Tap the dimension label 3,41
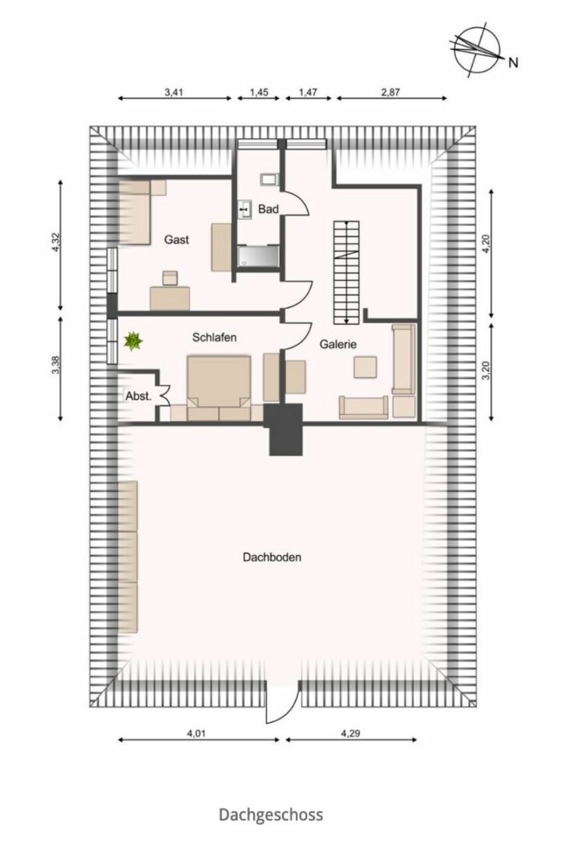pyautogui.click(x=174, y=92)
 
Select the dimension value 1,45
pyautogui.click(x=259, y=92)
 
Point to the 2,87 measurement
pyautogui.click(x=391, y=92)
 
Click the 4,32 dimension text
pyautogui.click(x=55, y=245)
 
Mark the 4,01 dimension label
pyautogui.click(x=198, y=732)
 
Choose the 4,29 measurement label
pyautogui.click(x=350, y=732)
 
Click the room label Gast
pyautogui.click(x=177, y=239)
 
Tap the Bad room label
pyautogui.click(x=268, y=209)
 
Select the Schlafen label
pyautogui.click(x=214, y=338)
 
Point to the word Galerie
pyautogui.click(x=338, y=345)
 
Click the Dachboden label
pyautogui.click(x=272, y=557)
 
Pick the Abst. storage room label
pyautogui.click(x=139, y=396)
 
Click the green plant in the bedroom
pyautogui.click(x=132, y=341)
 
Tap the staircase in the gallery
pyautogui.click(x=347, y=272)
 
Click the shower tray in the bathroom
pyautogui.click(x=259, y=256)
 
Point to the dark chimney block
pyautogui.click(x=285, y=430)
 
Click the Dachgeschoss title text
pyautogui.click(x=271, y=815)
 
